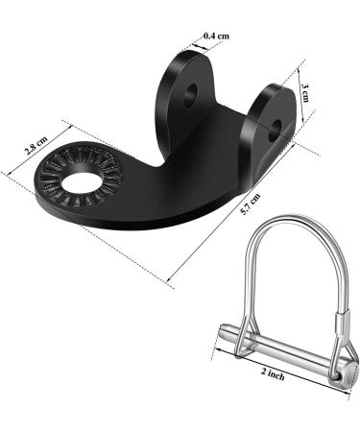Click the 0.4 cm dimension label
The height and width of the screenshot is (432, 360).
pos(217,36)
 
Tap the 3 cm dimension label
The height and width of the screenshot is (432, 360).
pos(305,93)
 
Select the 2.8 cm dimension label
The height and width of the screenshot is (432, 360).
pos(36,146)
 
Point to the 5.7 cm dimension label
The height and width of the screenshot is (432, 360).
pos(251,204)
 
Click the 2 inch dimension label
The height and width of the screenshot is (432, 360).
pos(273,373)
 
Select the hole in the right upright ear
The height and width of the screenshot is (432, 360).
pos(275,131)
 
